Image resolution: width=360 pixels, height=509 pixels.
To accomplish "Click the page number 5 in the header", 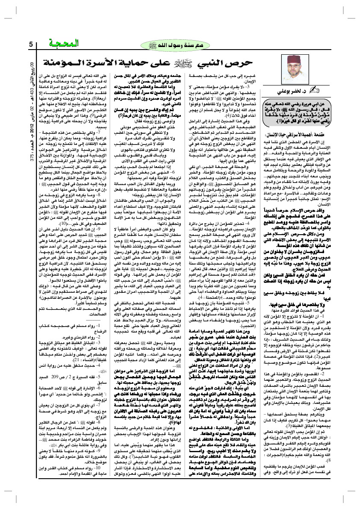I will [x=31, y=44].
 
